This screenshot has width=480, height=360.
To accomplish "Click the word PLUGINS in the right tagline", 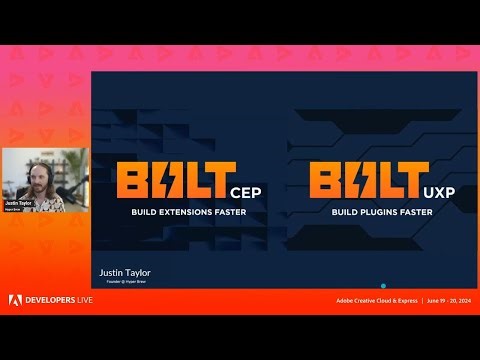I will click(x=374, y=213).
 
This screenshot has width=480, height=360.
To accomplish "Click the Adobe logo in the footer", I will click(x=15, y=300).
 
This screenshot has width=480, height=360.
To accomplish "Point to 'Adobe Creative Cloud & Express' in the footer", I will click(x=376, y=300).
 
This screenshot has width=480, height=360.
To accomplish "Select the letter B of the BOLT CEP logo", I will click(x=133, y=181).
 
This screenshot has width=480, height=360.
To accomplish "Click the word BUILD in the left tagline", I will click(x=146, y=213).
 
